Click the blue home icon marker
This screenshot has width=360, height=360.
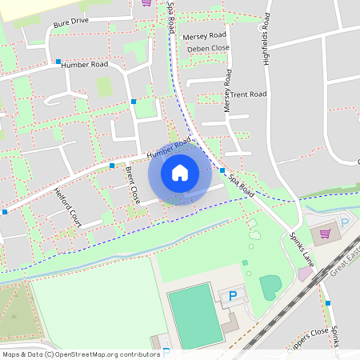tap(180, 171)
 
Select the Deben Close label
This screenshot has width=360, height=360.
tap(208, 49)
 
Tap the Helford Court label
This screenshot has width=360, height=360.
tap(68, 207)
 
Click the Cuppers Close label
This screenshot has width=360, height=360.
tap(309, 334)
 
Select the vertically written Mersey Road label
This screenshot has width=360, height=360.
tap(227, 90)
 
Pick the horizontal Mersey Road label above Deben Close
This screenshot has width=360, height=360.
tap(206, 37)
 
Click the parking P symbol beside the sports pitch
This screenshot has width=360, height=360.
tap(234, 296)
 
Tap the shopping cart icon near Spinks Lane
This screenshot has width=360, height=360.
tap(325, 234)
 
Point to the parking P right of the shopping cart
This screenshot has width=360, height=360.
tap(346, 223)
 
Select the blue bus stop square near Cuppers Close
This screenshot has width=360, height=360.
tap(327, 302)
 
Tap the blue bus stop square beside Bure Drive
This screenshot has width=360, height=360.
tap(58, 61)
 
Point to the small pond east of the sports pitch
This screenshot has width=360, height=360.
tap(270, 285)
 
